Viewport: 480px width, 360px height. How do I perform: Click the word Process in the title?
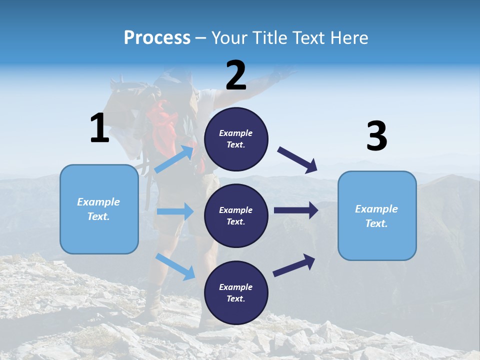[157, 37]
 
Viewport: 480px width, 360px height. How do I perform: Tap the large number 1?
[99, 128]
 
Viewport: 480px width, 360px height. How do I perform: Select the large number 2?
[236, 75]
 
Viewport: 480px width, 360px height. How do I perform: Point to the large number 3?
[376, 136]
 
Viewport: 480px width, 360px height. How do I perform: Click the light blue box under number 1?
[99, 209]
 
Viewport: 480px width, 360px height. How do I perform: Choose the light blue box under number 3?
[377, 215]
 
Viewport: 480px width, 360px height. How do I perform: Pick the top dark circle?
[236, 139]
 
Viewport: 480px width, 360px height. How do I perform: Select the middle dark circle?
[236, 215]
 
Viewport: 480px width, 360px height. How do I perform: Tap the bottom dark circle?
[236, 292]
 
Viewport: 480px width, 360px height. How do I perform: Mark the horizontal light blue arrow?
[175, 211]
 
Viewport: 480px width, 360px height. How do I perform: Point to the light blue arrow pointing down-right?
[175, 266]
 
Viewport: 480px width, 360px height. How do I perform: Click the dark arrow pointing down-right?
[297, 160]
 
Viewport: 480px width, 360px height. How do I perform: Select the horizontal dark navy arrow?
[295, 210]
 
